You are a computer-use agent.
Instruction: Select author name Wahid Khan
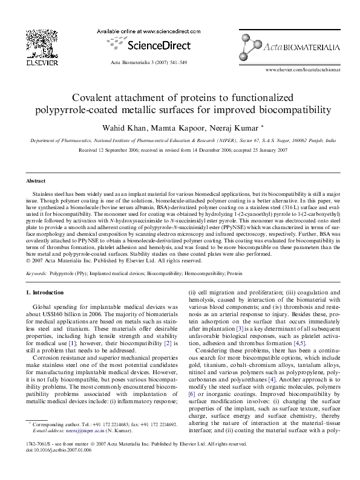click(120, 127)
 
